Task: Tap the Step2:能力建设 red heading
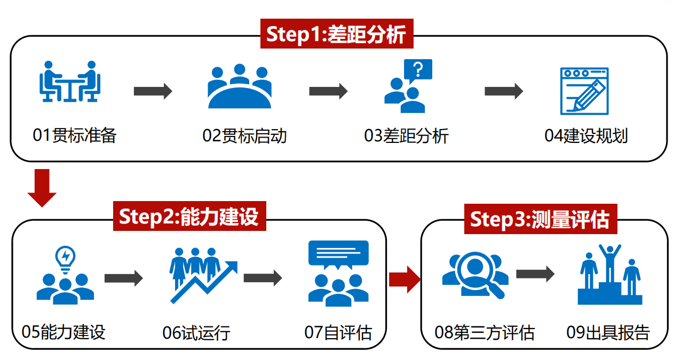click(189, 217)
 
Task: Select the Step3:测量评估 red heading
click(540, 219)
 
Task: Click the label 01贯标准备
click(74, 135)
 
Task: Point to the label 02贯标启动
click(245, 135)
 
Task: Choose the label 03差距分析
click(406, 135)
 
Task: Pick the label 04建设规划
click(586, 135)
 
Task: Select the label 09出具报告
click(608, 332)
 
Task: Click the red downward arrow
click(42, 187)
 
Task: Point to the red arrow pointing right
click(405, 279)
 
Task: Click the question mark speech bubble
click(418, 70)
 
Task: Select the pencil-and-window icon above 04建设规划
click(584, 91)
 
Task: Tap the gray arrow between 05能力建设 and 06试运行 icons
click(124, 278)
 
